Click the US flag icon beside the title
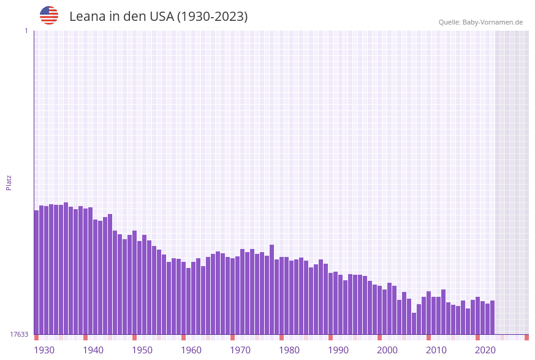pos(49,15)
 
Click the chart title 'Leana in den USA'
pos(158,17)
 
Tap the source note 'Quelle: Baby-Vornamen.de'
pos(480,22)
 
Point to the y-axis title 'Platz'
pos(9,182)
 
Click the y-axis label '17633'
pos(19,334)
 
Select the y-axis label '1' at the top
pos(26,31)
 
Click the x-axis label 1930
pos(44,350)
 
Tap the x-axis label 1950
pos(142,350)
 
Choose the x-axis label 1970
pos(240,350)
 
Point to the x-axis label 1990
pos(338,350)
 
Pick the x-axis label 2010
pos(436,350)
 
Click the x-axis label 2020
pos(485,350)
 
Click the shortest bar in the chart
pos(414,323)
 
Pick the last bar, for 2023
pos(492,317)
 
